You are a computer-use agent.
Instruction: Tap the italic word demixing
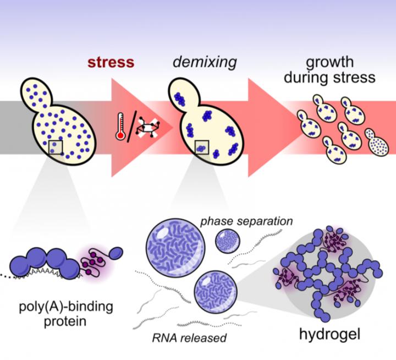point(205,62)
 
